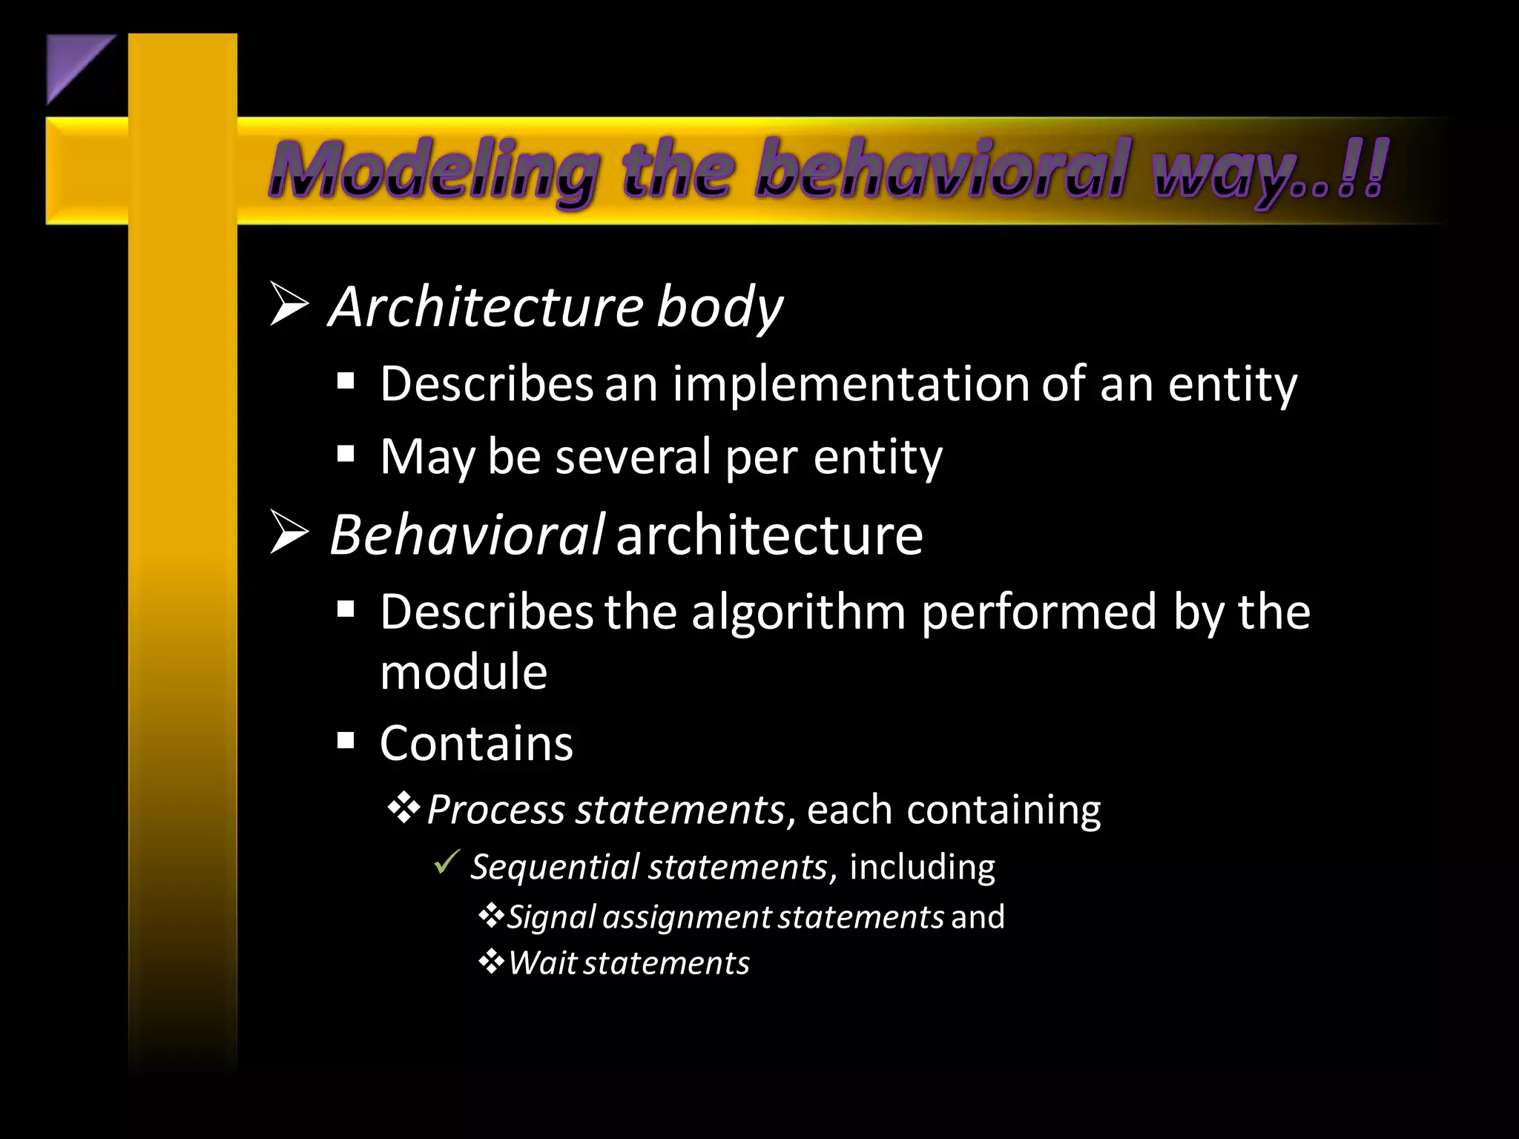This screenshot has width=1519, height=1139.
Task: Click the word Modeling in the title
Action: (433, 171)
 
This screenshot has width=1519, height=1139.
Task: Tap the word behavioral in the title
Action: (942, 171)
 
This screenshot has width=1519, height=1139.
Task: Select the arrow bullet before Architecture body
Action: (289, 304)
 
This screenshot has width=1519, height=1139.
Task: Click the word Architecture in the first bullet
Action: (487, 307)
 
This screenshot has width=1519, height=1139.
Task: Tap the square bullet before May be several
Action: (346, 454)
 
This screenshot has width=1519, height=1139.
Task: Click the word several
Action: (633, 457)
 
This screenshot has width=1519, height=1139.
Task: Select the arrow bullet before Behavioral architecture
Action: (289, 532)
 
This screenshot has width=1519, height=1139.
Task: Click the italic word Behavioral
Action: (467, 535)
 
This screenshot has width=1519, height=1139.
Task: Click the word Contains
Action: (476, 743)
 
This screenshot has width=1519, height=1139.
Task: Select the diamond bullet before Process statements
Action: (404, 808)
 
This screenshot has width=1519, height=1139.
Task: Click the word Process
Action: (495, 810)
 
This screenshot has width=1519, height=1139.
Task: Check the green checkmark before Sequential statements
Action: (447, 862)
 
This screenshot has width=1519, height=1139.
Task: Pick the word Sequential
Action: (555, 867)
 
